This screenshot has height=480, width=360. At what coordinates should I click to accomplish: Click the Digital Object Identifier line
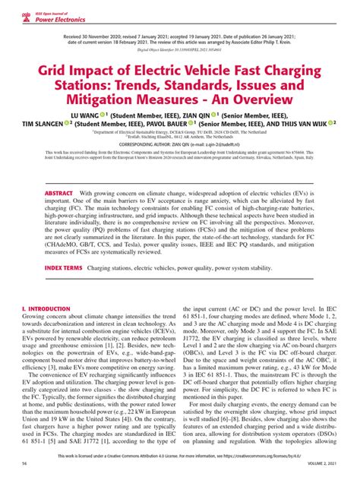179,55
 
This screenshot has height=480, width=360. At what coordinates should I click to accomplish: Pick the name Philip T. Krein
286,45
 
